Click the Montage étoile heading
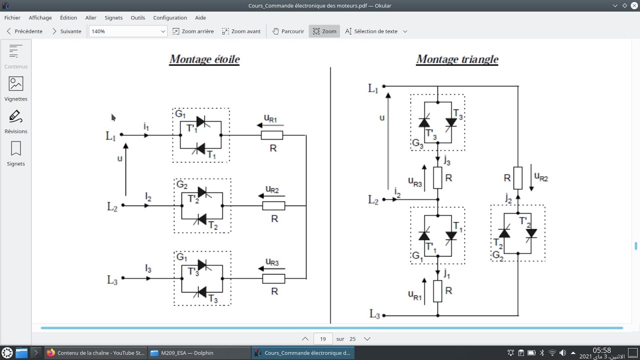pyautogui.click(x=204, y=59)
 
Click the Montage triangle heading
pyautogui.click(x=457, y=59)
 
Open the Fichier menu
pyautogui.click(x=12, y=17)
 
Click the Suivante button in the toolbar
pyautogui.click(x=67, y=31)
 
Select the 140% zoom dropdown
pyautogui.click(x=127, y=31)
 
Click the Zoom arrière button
pyautogui.click(x=193, y=31)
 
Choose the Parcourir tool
pyautogui.click(x=288, y=31)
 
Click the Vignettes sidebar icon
pyautogui.click(x=15, y=84)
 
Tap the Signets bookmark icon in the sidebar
pyautogui.click(x=15, y=148)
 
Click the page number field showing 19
pyautogui.click(x=323, y=339)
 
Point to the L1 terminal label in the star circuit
pyautogui.click(x=110, y=136)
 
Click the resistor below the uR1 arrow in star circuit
pyautogui.click(x=272, y=135)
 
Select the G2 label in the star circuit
pyautogui.click(x=182, y=184)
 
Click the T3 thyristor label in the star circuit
pyautogui.click(x=213, y=298)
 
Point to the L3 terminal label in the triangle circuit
pyautogui.click(x=374, y=313)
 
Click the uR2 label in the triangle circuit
pyautogui.click(x=541, y=177)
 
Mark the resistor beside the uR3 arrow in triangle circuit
pyautogui.click(x=437, y=178)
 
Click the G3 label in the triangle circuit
pyautogui.click(x=417, y=143)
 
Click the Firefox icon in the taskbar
pyautogui.click(x=50, y=353)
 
